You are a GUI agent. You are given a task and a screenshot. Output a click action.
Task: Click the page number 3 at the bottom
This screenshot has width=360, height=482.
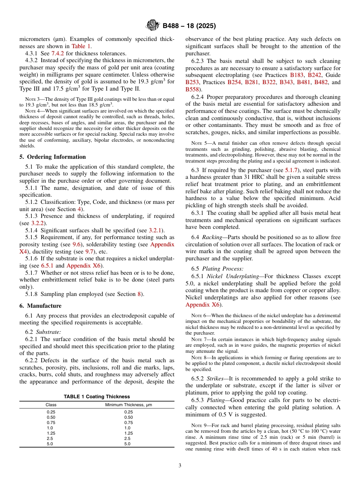(x=180, y=466)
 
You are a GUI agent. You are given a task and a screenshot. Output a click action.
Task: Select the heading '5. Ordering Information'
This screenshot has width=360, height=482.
(x=53, y=157)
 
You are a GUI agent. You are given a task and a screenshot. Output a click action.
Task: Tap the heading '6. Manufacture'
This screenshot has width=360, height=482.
(x=41, y=306)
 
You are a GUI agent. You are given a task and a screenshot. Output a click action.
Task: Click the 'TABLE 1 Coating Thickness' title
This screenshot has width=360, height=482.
(x=97, y=396)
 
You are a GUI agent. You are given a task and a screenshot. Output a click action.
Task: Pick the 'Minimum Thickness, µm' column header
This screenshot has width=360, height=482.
(x=128, y=405)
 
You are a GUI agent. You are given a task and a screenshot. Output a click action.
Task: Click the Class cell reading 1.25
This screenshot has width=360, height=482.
(x=51, y=433)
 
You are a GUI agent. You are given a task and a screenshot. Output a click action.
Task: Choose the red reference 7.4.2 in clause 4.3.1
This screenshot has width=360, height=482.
(x=58, y=53)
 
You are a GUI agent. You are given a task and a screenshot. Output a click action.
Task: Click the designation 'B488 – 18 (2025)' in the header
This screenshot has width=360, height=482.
(x=189, y=26)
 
